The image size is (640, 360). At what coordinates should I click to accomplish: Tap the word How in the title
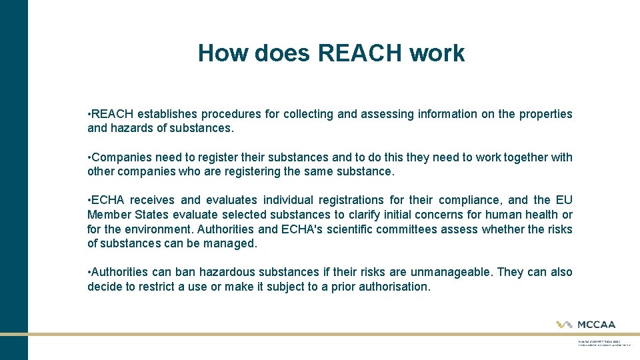point(221,53)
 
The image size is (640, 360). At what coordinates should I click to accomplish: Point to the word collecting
point(309,114)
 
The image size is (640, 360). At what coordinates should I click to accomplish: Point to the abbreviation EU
point(564,200)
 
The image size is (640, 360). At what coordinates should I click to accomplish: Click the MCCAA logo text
point(595,325)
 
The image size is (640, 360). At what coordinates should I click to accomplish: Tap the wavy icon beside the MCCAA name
point(565,325)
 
